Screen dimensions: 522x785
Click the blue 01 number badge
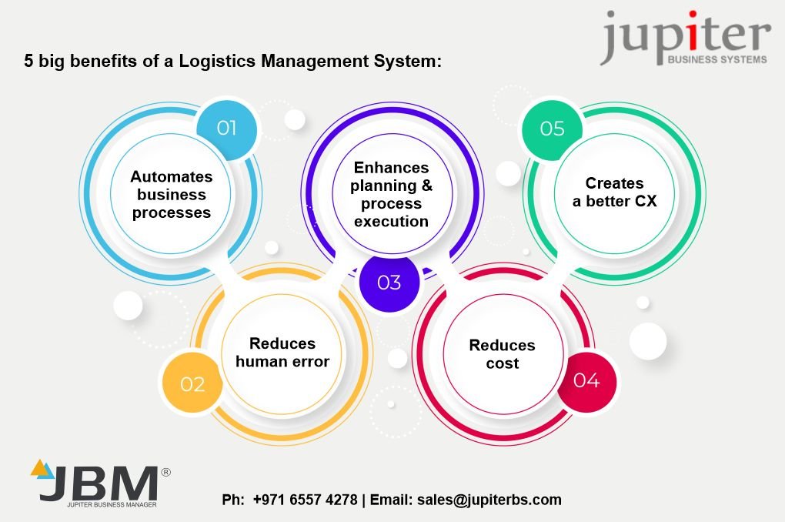pyautogui.click(x=225, y=128)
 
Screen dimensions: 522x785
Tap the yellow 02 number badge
pyautogui.click(x=192, y=383)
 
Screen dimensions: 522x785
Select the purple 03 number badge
pyautogui.click(x=389, y=283)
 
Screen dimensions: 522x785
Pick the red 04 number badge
pyautogui.click(x=586, y=380)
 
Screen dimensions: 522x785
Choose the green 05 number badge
pyautogui.click(x=552, y=128)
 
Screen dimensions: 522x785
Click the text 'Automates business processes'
pyautogui.click(x=172, y=195)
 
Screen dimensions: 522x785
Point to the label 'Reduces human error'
pyautogui.click(x=282, y=353)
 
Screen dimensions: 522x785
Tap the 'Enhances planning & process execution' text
pyautogui.click(x=391, y=194)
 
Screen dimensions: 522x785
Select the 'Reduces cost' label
pyautogui.click(x=502, y=354)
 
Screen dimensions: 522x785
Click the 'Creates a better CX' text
pyautogui.click(x=614, y=192)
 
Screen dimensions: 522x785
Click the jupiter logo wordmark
pyautogui.click(x=685, y=36)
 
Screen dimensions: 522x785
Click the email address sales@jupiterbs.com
pyautogui.click(x=489, y=500)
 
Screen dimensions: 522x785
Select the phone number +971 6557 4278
pyautogui.click(x=305, y=500)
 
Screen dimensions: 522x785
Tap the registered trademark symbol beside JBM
pyautogui.click(x=165, y=471)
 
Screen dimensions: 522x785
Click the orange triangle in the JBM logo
pyautogui.click(x=38, y=467)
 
